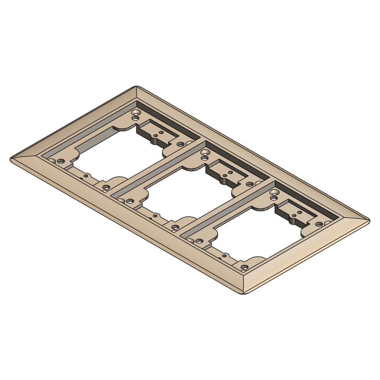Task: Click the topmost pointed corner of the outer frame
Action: click(x=136, y=86)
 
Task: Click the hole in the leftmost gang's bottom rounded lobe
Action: click(x=106, y=187)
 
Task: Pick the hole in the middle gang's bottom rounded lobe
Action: click(x=175, y=227)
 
